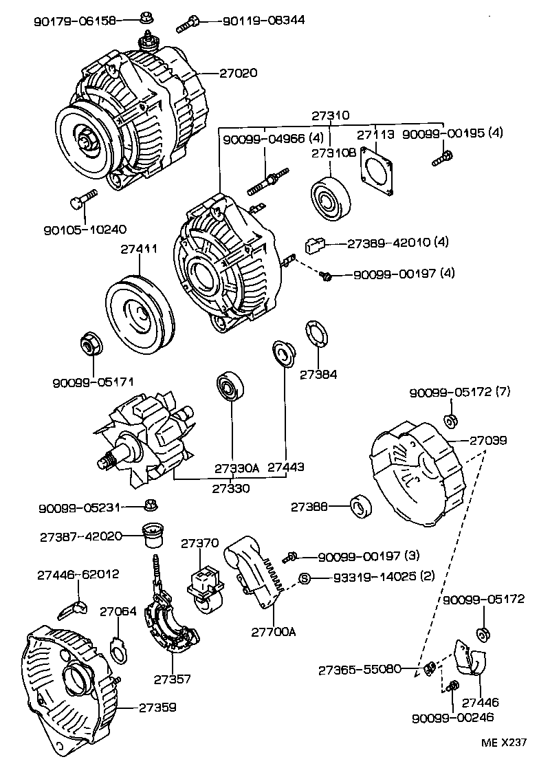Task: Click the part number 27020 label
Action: [239, 72]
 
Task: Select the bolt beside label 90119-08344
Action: [188, 25]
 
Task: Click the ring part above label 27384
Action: [317, 336]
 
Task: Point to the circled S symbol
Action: [304, 578]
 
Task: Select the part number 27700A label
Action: [273, 631]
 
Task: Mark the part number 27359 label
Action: [157, 707]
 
